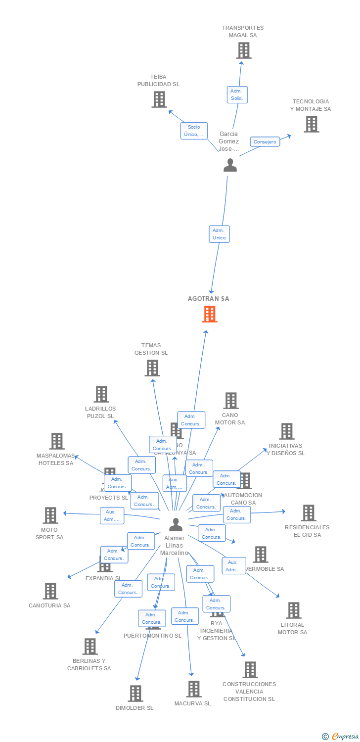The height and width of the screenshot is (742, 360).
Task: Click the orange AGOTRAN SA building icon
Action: (210, 314)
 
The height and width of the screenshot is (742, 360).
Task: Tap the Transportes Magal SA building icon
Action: (243, 50)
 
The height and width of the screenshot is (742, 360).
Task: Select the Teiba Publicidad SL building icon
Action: (159, 99)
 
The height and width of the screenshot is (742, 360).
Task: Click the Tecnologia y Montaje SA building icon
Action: (311, 124)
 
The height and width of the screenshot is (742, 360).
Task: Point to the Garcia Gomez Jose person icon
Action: (230, 165)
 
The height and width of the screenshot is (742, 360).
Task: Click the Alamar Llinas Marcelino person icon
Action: (176, 524)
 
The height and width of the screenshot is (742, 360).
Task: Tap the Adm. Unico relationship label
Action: (219, 234)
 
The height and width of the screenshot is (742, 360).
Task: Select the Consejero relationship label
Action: (265, 142)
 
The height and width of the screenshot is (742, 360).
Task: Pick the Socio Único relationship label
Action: (194, 131)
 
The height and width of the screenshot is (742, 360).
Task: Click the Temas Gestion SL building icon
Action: (152, 368)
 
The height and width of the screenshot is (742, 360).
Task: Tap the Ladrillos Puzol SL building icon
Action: (101, 394)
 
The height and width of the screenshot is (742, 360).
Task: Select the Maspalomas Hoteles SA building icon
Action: (57, 441)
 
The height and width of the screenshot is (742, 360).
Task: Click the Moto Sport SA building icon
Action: (50, 515)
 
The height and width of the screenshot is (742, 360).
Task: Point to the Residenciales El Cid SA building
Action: (308, 513)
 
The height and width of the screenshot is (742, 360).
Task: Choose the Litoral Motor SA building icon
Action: (294, 610)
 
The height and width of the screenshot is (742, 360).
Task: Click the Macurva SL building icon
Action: (193, 689)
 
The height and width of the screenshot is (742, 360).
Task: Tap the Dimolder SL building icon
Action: (135, 693)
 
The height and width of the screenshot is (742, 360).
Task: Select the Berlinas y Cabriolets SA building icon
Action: (90, 646)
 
